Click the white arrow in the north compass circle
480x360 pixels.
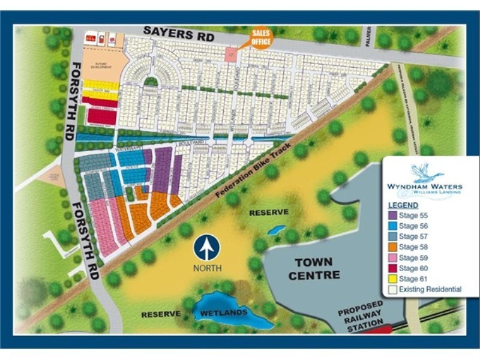(208, 247)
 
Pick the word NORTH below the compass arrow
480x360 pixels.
(208, 268)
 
